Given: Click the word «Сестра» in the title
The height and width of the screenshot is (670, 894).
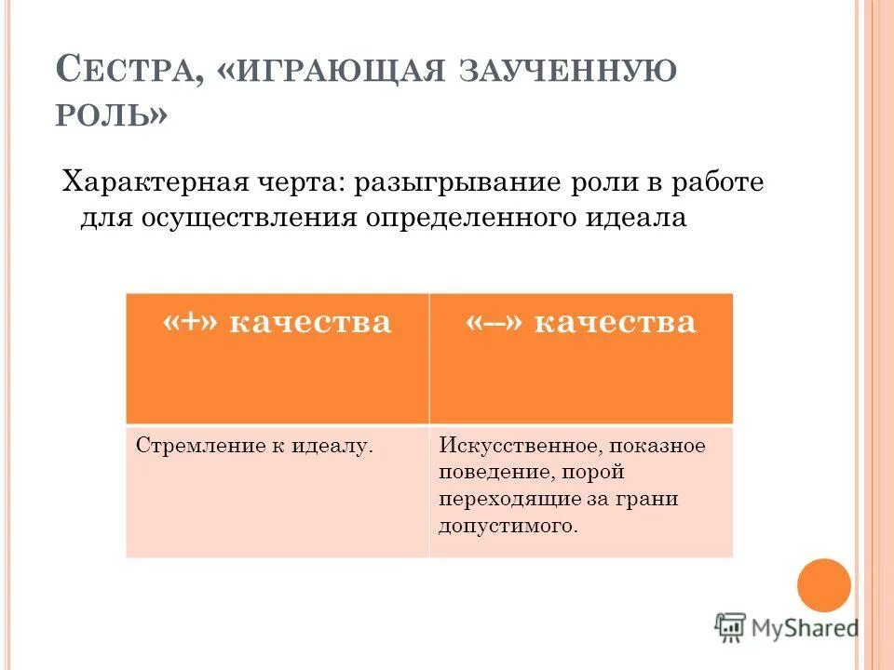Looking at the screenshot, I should pos(126,71).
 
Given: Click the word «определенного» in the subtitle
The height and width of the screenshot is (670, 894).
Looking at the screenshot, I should pos(470,219).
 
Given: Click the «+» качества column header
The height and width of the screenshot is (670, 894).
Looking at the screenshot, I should pos(277,322).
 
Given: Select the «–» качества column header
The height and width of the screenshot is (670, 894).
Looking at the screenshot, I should pos(580,322).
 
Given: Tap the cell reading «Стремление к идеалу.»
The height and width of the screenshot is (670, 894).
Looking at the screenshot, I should pos(254,446).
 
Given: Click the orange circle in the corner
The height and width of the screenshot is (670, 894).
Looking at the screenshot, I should pos(824,584).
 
